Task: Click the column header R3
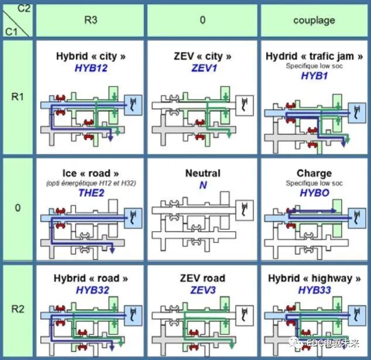91,20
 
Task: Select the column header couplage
314,20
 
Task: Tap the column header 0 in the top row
202,20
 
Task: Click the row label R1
18,96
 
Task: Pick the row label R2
18,308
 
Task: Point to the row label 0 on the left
18,208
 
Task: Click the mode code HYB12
91,68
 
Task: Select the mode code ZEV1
202,68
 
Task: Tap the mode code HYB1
314,76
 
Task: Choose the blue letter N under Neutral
202,184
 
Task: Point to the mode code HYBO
314,193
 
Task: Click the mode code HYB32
91,290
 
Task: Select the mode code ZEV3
202,290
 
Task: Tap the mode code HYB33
314,290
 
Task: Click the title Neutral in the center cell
202,173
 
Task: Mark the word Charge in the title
314,173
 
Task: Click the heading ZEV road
202,278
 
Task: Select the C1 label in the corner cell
11,30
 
